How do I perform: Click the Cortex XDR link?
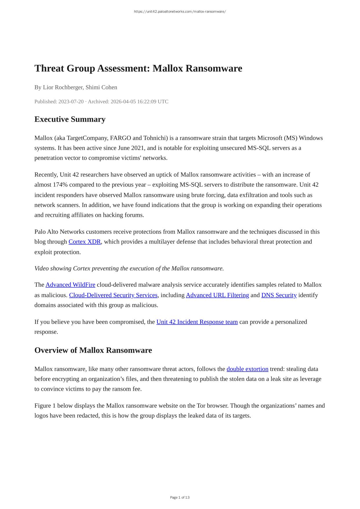coord(85,242)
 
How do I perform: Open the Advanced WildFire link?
coord(70,285)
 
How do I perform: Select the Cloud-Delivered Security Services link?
coord(113,295)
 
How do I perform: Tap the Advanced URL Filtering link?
coord(217,295)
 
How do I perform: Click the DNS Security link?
coord(279,295)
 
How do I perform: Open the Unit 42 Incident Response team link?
coord(197,322)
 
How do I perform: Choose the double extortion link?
coord(248,369)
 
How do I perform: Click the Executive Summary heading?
coord(70,119)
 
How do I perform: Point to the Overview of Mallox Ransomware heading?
coord(93,350)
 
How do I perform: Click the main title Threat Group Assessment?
coord(138,68)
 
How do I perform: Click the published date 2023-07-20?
coord(71,101)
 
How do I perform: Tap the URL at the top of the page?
coord(180,12)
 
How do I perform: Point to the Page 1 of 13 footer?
coord(180,497)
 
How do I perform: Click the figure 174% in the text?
coord(60,185)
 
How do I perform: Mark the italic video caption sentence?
coord(129,268)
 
